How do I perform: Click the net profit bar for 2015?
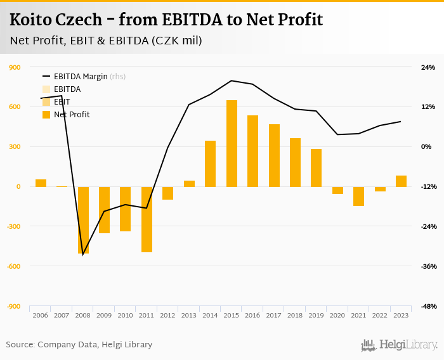(232, 143)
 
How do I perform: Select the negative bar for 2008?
(83, 220)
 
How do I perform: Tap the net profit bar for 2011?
(147, 219)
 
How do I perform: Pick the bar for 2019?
(316, 168)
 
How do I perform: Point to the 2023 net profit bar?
(401, 181)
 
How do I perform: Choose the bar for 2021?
(358, 196)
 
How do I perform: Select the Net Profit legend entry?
(72, 115)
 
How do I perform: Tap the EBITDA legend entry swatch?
(46, 89)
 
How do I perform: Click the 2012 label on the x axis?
(167, 316)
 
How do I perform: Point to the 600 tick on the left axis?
(14, 107)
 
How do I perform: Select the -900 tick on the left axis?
(13, 307)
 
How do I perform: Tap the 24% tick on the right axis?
(428, 67)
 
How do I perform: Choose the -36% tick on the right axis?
(428, 267)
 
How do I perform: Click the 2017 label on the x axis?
(273, 316)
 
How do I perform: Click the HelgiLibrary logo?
(399, 345)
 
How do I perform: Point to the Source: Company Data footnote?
(79, 345)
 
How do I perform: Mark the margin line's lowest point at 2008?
(83, 255)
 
